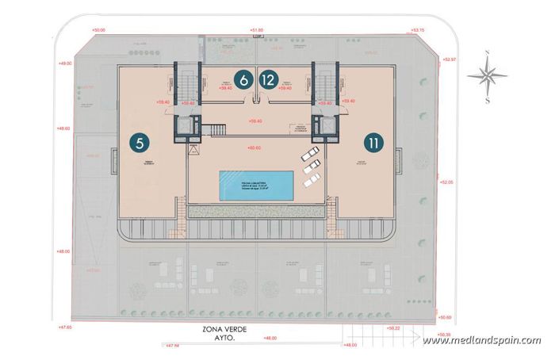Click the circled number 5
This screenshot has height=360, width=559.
[x=140, y=144]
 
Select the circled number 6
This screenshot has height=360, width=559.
[x=244, y=80]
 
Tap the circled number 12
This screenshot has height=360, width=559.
[x=270, y=80]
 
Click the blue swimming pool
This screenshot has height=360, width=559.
[x=259, y=184]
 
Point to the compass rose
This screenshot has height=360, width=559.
[x=487, y=76]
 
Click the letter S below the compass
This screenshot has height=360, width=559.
[x=487, y=101]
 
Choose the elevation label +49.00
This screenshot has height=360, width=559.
[x=65, y=63]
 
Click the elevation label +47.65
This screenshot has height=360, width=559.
[x=65, y=326]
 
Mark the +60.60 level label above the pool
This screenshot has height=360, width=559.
[x=255, y=147]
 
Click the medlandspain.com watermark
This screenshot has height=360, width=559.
[x=482, y=341]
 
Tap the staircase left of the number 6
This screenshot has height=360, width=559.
[x=187, y=79]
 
